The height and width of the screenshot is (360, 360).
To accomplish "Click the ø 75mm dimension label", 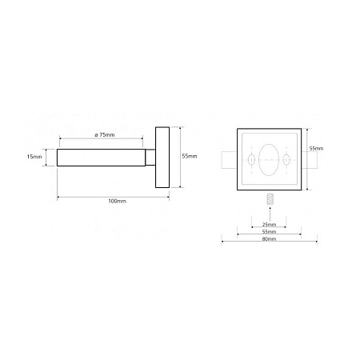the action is [105, 135].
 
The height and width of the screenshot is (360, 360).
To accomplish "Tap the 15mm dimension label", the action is [34, 157].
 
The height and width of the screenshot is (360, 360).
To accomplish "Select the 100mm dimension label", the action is [117, 201].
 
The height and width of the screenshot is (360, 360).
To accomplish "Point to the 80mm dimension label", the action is [269, 239].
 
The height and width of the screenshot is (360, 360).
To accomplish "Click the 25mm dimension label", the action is [269, 225].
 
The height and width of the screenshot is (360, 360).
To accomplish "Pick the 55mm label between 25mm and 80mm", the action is [269, 232].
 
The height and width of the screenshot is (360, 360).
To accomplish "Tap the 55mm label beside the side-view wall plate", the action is [190, 156].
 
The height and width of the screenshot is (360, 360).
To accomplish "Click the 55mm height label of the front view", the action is [316, 149].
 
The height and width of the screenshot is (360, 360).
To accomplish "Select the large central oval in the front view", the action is [269, 160].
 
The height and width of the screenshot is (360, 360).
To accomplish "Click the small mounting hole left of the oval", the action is [251, 160].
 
